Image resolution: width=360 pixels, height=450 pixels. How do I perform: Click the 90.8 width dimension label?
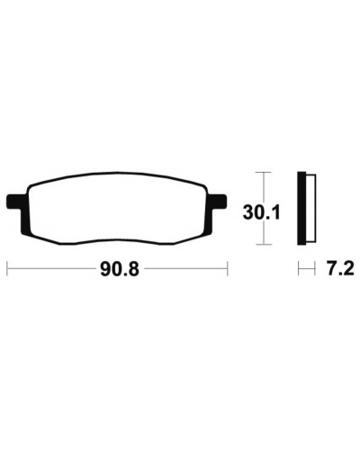120,269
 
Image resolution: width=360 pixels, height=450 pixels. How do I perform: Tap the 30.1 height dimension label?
261,212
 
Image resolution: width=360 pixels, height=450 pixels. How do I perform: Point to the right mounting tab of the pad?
217,202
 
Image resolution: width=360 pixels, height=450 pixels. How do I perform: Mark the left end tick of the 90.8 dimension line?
7,268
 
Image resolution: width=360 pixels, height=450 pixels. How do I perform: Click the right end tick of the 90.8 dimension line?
228,268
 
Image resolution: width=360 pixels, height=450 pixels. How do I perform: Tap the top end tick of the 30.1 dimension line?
264,172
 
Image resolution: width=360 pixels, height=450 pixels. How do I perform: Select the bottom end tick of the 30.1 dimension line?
264,245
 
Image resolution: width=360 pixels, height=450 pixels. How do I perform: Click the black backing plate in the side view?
301,208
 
